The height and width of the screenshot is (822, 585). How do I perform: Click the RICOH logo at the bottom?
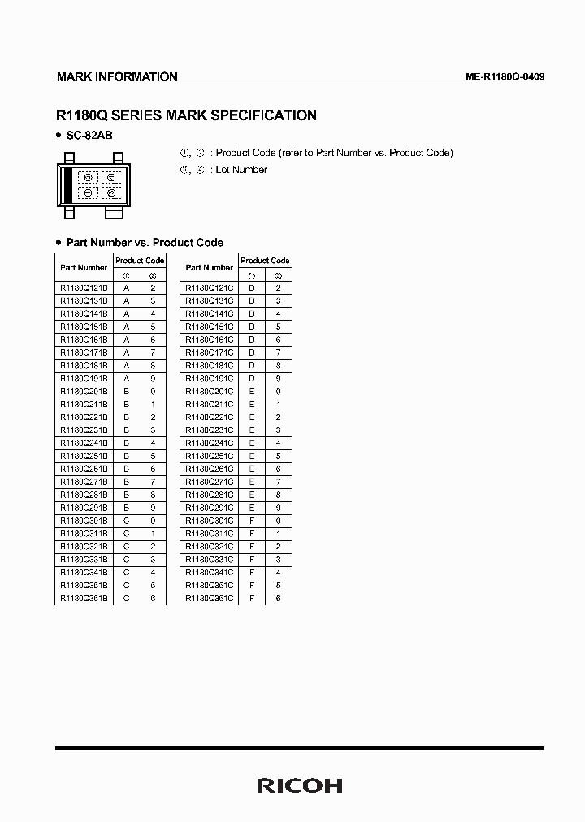(299, 785)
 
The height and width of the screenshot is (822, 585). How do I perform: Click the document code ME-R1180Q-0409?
(505, 77)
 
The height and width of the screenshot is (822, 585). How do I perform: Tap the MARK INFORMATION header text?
(117, 77)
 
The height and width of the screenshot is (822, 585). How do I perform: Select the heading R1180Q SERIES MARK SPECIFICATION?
(186, 115)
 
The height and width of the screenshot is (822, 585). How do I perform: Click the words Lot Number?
(241, 170)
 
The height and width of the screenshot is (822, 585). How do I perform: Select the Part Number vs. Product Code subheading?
(145, 243)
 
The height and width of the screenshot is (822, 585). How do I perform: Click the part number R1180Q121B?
(84, 288)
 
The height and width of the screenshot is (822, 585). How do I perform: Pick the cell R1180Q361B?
(84, 599)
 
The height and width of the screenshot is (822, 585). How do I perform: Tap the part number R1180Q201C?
(209, 392)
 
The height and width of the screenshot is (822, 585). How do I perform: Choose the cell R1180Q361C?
(209, 599)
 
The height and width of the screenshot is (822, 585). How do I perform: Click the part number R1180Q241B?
(84, 443)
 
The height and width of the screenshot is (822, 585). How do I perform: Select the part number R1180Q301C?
(209, 521)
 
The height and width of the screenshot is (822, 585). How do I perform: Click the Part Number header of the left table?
(84, 267)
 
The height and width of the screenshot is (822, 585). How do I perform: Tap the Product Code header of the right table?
(265, 261)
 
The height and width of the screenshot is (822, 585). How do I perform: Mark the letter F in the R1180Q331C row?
(252, 560)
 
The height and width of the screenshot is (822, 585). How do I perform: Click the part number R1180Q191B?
(84, 379)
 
